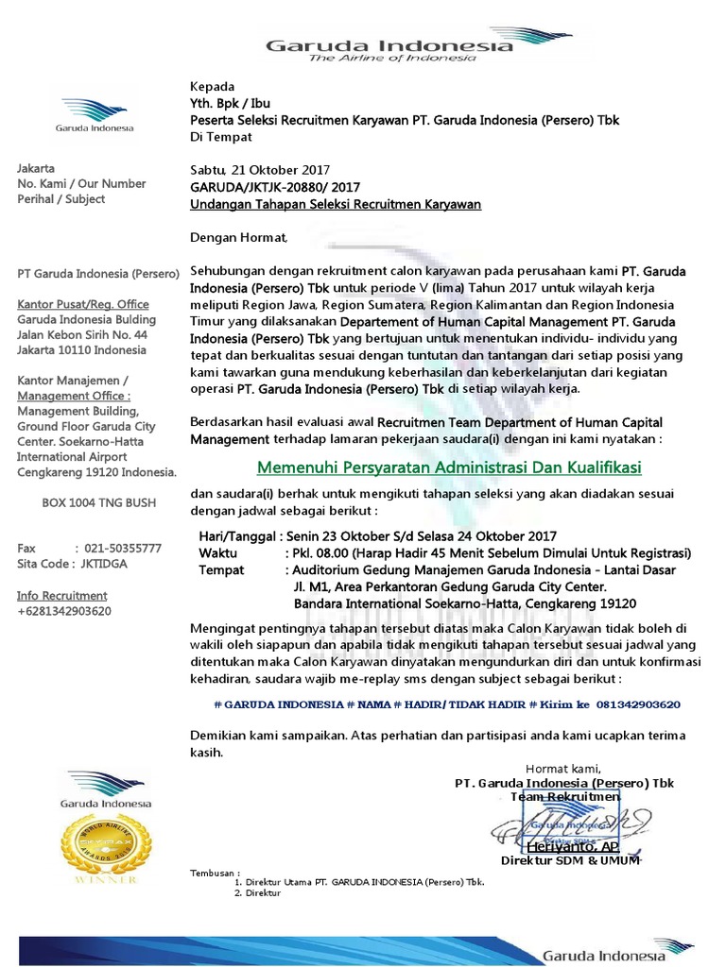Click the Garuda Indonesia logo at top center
(x=389, y=49)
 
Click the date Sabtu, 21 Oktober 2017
(x=260, y=170)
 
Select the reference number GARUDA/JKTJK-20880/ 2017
(x=275, y=187)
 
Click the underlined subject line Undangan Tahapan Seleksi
(x=336, y=204)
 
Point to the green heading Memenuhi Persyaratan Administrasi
(x=450, y=468)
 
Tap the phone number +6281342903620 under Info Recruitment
(x=64, y=611)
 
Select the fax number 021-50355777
(x=123, y=548)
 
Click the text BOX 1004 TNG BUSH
(x=98, y=502)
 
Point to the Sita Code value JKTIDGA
(x=104, y=564)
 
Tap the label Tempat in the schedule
(x=221, y=570)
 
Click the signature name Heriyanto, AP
(x=573, y=845)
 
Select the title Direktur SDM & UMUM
(x=570, y=861)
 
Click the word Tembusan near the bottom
(x=214, y=872)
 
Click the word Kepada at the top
(x=213, y=86)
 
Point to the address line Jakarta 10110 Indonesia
(x=81, y=349)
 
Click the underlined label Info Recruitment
(x=62, y=596)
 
